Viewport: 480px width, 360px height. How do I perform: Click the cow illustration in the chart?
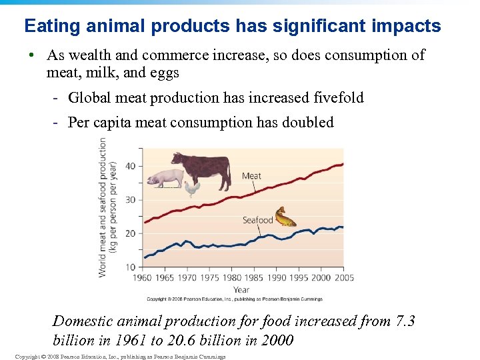coord(201,168)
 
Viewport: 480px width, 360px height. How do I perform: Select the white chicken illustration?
coord(192,189)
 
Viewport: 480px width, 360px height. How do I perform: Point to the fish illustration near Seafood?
coord(285,217)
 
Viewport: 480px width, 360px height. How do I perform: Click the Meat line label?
coord(251,176)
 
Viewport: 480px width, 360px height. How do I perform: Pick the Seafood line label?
coord(257,220)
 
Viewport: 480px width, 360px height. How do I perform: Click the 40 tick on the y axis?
coord(129,166)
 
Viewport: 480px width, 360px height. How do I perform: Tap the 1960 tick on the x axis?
coord(143,278)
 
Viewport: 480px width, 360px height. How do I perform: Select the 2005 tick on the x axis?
coord(343,278)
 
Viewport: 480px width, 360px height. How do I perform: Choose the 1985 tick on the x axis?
coord(254,278)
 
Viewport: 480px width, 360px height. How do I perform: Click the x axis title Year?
coord(241,290)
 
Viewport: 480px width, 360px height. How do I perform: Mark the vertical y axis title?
coord(107,207)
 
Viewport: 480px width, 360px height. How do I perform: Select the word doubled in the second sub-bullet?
coord(308,123)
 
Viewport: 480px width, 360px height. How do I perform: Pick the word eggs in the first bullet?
coord(164,72)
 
